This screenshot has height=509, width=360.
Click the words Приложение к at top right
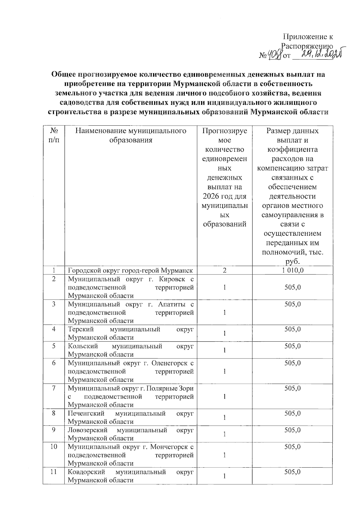coord(308,37)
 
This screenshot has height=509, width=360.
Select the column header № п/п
coord(54,135)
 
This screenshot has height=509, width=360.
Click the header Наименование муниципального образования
coord(130,135)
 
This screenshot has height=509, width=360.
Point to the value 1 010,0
coord(292,270)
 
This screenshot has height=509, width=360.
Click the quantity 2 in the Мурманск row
coord(224,270)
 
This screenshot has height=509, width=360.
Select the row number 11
coord(53,472)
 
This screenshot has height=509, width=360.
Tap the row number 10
coord(53,447)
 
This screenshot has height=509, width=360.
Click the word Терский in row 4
coord(79,329)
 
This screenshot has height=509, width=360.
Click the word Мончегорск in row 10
coord(169,447)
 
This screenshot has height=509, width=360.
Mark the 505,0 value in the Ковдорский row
coord(292,472)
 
